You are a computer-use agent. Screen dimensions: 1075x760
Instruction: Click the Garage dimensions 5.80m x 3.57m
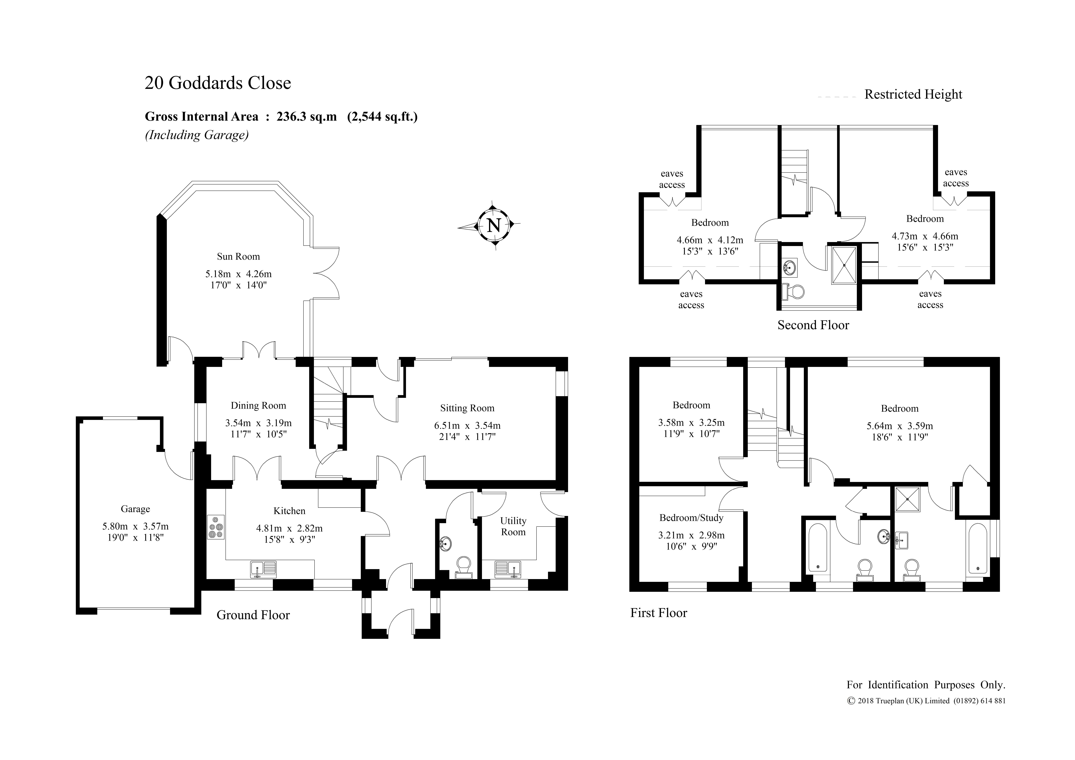point(135,526)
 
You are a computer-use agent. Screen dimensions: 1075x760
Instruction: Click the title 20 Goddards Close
point(218,83)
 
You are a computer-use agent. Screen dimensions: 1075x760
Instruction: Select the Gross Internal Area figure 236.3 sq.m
point(306,117)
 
